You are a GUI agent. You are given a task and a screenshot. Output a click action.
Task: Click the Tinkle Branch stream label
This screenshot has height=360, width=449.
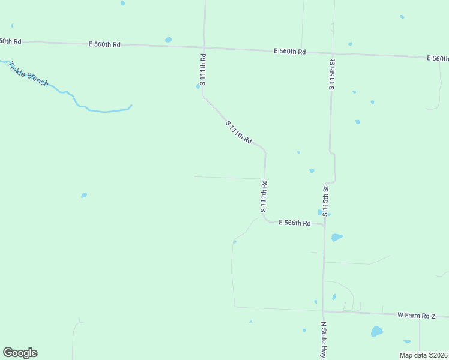pyautogui.click(x=29, y=73)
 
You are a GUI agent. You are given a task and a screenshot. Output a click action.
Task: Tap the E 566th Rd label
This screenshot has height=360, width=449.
pyautogui.click(x=294, y=223)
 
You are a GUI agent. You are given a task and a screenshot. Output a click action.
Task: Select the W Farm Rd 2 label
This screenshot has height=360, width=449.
pyautogui.click(x=415, y=314)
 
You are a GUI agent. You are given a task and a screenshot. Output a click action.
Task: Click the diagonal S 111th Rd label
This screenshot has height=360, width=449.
pyautogui.click(x=238, y=131)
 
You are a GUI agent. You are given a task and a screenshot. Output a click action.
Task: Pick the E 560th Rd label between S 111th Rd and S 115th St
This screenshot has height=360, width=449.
pyautogui.click(x=290, y=52)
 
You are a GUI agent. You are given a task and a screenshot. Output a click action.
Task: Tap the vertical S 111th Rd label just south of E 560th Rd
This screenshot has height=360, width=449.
pyautogui.click(x=203, y=70)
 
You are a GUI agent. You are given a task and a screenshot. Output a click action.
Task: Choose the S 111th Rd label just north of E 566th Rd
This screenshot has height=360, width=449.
pyautogui.click(x=263, y=196)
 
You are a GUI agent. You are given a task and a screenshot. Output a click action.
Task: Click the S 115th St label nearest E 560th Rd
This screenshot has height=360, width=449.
pyautogui.click(x=331, y=74)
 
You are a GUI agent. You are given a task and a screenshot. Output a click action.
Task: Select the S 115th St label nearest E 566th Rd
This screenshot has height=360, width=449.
pyautogui.click(x=325, y=200)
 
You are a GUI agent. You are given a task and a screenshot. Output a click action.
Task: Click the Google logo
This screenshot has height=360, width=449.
pyautogui.click(x=20, y=353)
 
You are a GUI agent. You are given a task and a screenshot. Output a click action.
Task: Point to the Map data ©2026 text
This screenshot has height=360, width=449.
pyautogui.click(x=423, y=355)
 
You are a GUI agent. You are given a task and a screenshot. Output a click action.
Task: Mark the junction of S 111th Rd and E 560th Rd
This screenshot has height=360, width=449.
pyautogui.click(x=204, y=47)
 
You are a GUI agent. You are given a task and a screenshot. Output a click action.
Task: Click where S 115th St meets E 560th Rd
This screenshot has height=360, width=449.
pyautogui.click(x=331, y=53)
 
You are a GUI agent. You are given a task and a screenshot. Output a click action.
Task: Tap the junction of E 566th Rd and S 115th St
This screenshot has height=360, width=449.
pyautogui.click(x=324, y=225)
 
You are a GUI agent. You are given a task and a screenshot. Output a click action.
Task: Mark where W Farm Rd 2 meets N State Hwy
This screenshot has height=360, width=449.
pyautogui.click(x=324, y=311)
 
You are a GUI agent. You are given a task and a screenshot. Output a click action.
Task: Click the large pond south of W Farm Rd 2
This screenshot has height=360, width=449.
pyautogui.click(x=376, y=331)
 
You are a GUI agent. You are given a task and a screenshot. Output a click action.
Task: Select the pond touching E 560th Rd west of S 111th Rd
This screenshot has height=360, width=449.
pyautogui.click(x=168, y=40)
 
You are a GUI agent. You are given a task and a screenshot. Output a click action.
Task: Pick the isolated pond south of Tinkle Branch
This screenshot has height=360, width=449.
pyautogui.click(x=84, y=195)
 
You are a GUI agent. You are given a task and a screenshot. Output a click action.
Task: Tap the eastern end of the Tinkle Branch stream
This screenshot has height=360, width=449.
pyautogui.click(x=131, y=106)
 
